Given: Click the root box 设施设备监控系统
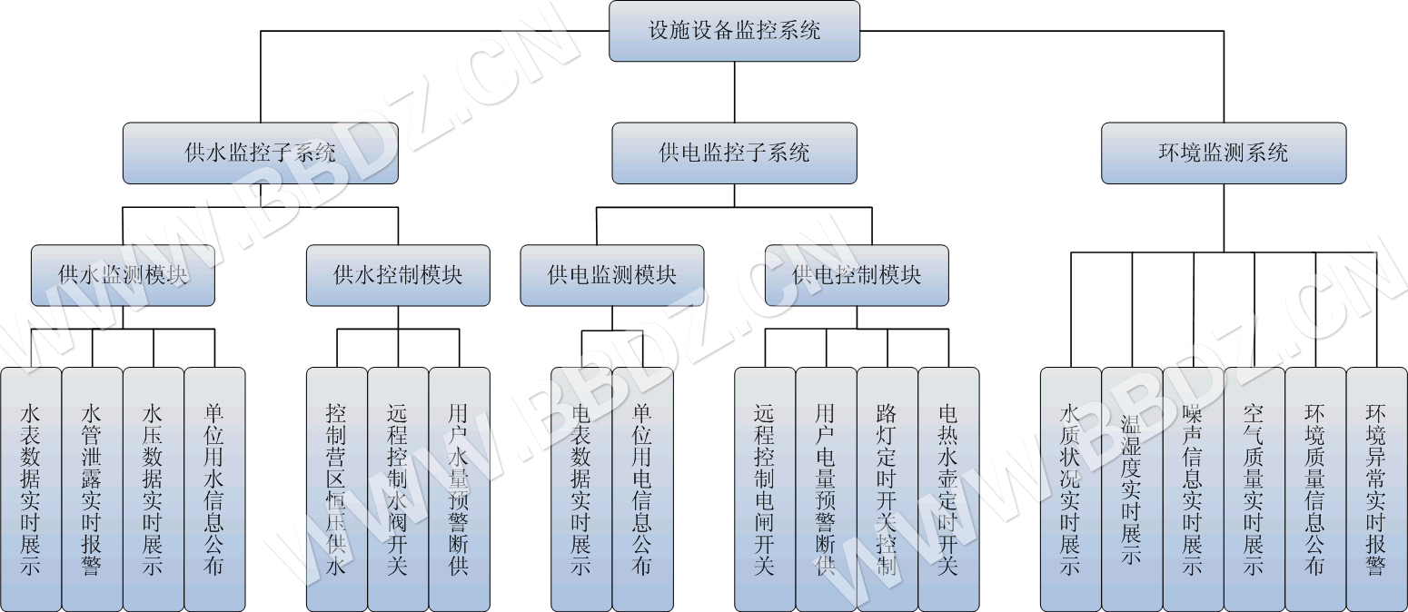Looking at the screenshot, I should (x=734, y=31).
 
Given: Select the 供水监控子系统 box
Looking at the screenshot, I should (x=260, y=153).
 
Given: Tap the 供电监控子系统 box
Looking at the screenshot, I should (x=734, y=153).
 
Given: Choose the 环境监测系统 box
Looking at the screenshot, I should (x=1223, y=153).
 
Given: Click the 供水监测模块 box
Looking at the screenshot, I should (x=123, y=274).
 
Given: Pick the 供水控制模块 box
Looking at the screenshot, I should (x=398, y=274).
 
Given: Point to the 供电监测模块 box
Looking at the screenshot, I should (x=611, y=274).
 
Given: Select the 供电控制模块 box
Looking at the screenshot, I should (x=856, y=274).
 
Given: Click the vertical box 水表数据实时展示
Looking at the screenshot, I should (x=31, y=489).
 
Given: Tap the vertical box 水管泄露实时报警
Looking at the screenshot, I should (x=92, y=489).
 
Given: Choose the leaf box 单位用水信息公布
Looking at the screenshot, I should (x=214, y=489).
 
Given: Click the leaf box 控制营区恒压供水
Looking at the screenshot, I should (x=336, y=489).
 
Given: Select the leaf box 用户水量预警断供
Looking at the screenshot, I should (x=459, y=489).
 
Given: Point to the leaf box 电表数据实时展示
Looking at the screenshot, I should (x=581, y=489).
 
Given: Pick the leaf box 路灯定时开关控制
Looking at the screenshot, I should (x=887, y=489).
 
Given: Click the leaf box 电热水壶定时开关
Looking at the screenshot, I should (x=948, y=489).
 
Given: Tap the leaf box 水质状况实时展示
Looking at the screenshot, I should (x=1070, y=489).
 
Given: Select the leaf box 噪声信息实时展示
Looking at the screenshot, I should (x=1193, y=489).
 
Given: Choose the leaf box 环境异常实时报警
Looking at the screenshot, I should (x=1376, y=489).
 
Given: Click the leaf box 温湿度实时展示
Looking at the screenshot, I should (x=1132, y=489).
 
